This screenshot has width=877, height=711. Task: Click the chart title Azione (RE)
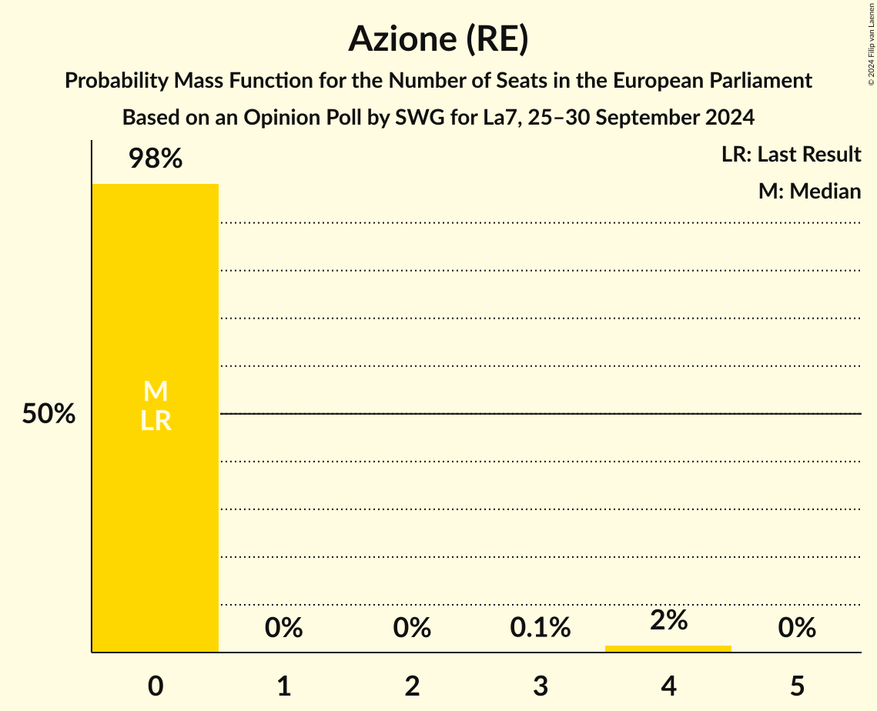coord(438,39)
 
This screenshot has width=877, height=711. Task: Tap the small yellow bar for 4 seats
coord(668,649)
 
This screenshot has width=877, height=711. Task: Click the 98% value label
coord(156,159)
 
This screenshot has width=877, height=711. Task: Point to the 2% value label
coord(668,620)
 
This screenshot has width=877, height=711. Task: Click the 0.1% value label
coord(540,628)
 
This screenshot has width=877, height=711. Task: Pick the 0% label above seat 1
coord(283,628)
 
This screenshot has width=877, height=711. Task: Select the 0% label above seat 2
coord(412,628)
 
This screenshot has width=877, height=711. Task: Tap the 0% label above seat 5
coord(796,628)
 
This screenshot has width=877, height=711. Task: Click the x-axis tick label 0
coord(156,686)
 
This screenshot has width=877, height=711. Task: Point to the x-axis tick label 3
coord(540,686)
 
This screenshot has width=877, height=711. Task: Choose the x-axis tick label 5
coord(796,686)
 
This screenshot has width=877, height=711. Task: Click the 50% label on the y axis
coord(49,414)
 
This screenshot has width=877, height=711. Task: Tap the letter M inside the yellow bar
coord(156,392)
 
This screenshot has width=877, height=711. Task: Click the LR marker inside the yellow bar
coord(156,421)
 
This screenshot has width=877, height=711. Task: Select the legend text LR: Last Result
coord(791,155)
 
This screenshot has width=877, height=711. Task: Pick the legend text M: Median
coord(809,191)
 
